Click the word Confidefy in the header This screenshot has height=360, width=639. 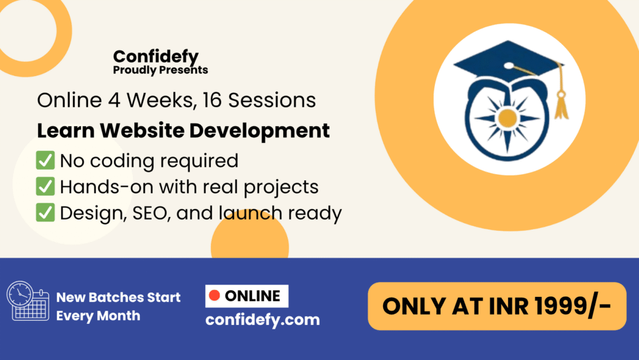(155, 57)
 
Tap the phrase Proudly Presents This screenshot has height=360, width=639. (160, 70)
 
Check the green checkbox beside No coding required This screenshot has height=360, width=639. (45, 160)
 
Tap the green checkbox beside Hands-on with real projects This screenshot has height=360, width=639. (45, 187)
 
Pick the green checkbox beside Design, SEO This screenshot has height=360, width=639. (45, 213)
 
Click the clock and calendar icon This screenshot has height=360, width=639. (27, 301)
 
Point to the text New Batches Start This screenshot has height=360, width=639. (119, 297)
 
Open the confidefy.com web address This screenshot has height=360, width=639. (262, 320)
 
